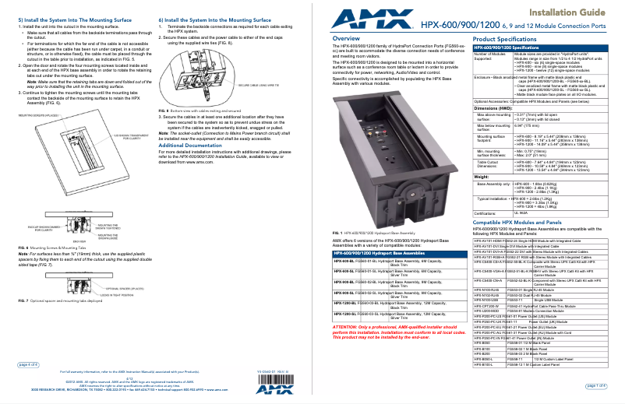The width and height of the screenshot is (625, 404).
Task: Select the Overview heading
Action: click(346, 38)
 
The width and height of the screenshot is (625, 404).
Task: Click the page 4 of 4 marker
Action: click(28, 364)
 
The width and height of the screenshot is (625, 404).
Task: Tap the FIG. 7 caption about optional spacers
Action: click(66, 300)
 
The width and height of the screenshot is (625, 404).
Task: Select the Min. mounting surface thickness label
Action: click(494, 152)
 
